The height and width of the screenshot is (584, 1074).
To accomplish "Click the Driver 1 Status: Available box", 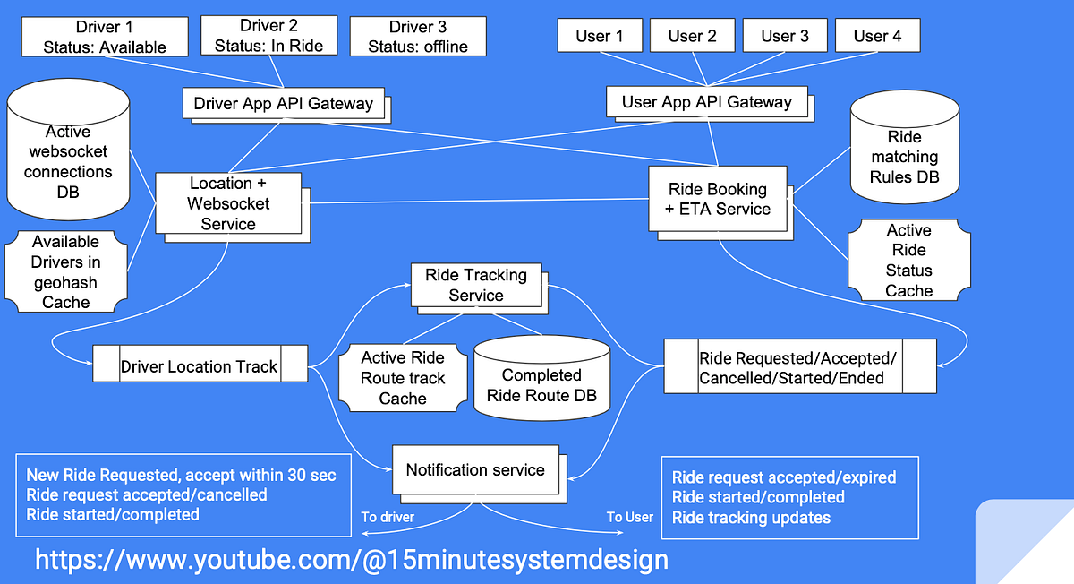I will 104,36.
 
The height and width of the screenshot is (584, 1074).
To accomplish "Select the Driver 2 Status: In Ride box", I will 268,35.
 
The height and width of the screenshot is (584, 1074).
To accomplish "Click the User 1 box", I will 599,36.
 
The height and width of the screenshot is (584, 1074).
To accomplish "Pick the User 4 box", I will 876,36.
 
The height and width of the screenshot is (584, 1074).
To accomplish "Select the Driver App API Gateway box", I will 283,103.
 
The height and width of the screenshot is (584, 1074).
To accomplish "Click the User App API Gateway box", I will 706,101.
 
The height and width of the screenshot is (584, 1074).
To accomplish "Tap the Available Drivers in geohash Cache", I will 65,271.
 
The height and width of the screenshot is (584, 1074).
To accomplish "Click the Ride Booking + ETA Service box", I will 718,199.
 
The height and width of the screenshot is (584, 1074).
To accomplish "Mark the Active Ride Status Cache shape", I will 908,261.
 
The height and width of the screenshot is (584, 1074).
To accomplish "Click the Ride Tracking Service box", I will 475,285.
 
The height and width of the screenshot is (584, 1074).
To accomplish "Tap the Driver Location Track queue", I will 200,366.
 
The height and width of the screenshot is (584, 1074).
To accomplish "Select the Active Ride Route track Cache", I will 402,377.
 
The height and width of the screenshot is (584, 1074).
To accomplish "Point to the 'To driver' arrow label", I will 387,517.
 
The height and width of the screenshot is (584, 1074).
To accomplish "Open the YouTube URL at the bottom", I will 351,560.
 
